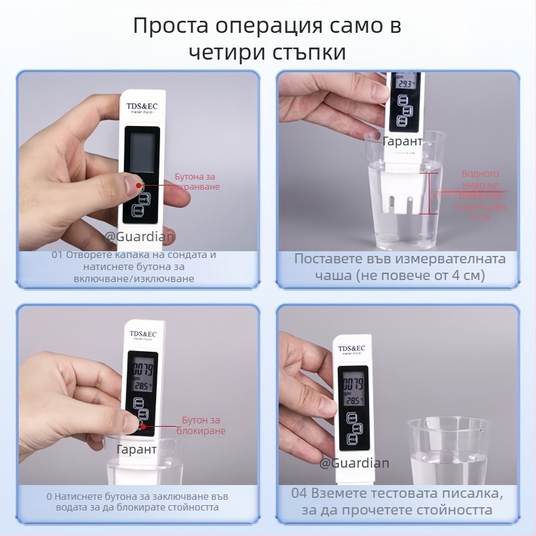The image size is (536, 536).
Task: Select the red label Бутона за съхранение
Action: pos(197,182)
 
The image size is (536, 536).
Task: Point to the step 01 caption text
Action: pos(134,267)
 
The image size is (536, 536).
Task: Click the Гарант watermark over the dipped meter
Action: pos(403,141)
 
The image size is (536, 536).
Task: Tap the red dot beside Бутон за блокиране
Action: pos(142,425)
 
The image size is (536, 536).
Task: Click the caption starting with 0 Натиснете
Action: pos(134,503)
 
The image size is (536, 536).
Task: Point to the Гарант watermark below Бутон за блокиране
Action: pos(137,449)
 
